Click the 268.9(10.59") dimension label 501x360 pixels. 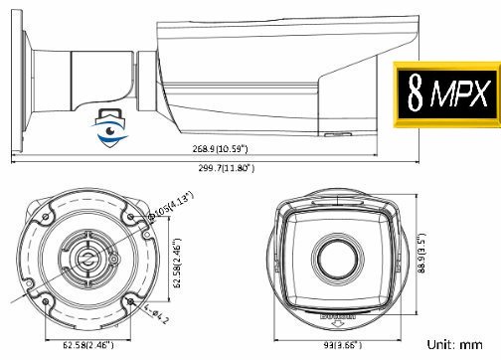221,148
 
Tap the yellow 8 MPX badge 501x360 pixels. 446,95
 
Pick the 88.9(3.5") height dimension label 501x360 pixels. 422,258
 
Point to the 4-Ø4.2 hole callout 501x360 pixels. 151,316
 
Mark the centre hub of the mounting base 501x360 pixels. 85,256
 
